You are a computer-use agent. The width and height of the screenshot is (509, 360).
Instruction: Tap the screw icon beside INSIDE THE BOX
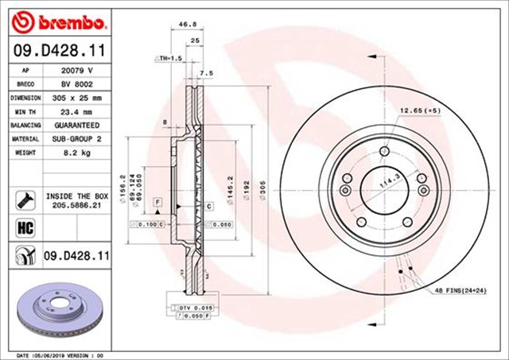coord(22,198)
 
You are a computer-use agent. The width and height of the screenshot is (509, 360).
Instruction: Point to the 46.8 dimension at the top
coord(188,25)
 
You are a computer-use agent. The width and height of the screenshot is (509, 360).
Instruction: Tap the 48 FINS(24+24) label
coord(460,291)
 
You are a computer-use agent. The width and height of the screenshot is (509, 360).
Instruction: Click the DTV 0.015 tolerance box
coord(189,306)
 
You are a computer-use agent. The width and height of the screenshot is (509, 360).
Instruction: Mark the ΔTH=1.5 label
coord(169,59)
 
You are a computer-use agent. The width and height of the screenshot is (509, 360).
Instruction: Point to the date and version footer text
coord(60,354)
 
